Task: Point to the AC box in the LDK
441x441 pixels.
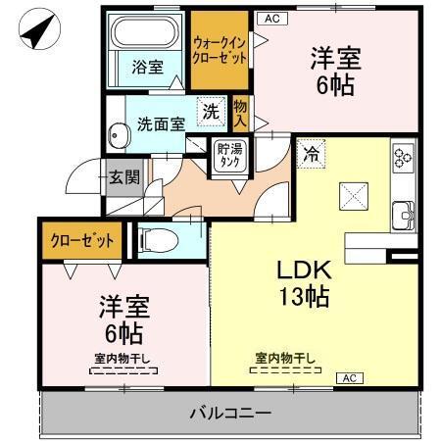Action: click(x=349, y=377)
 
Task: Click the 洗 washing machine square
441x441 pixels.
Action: click(x=211, y=112)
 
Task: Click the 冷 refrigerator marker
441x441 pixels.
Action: click(x=311, y=154)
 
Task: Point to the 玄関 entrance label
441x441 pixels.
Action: click(x=123, y=178)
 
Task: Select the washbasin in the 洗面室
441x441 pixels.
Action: click(x=119, y=132)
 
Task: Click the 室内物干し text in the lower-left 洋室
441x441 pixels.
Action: click(x=122, y=359)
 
